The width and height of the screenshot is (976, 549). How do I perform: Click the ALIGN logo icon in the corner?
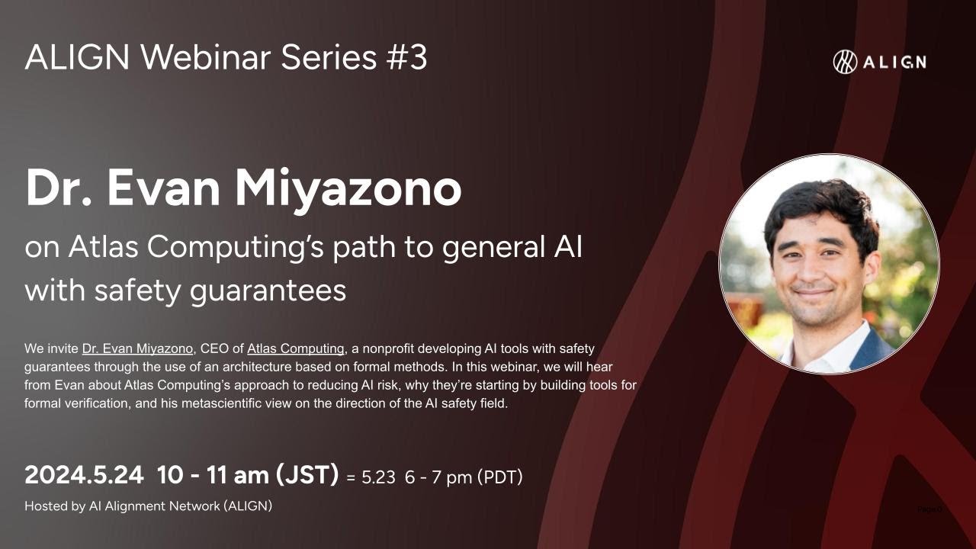click(845, 62)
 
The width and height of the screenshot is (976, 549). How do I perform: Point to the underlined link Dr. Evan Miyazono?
click(136, 349)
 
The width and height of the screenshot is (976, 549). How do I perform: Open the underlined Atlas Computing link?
click(295, 349)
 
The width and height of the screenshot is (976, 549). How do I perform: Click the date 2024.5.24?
click(84, 475)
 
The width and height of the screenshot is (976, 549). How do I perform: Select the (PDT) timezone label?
click(499, 477)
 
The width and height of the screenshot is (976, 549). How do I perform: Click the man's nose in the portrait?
click(814, 268)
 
